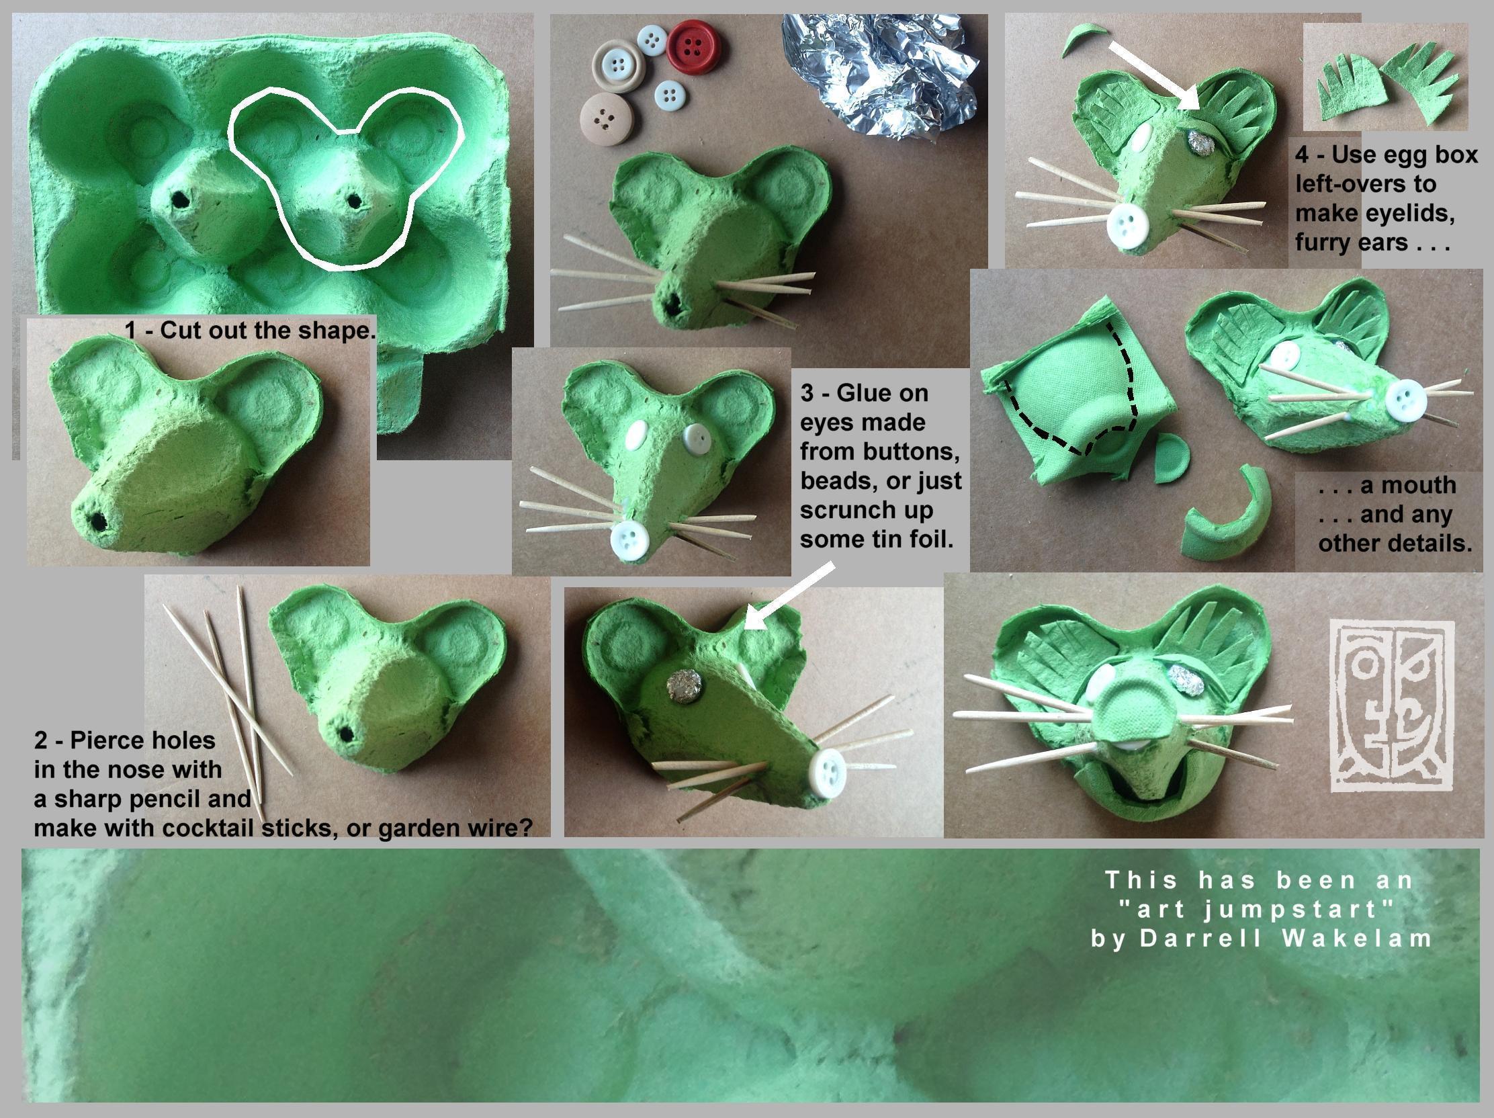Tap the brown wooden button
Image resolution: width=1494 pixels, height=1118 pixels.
(606, 118)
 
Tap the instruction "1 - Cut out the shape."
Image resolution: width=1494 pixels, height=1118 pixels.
(250, 331)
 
